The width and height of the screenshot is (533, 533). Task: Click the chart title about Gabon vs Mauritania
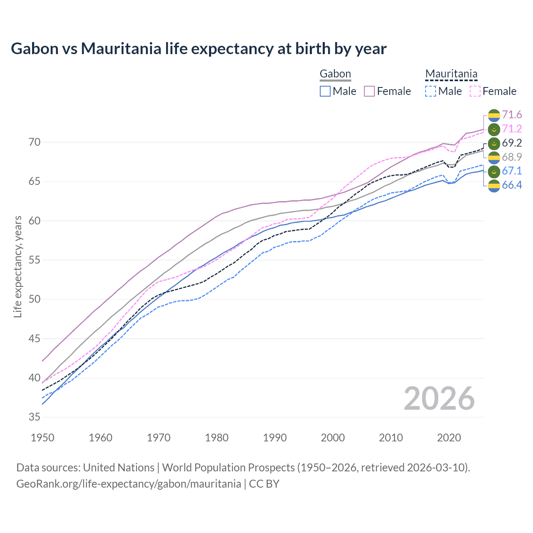point(199,49)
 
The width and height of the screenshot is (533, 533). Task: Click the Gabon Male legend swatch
point(325,91)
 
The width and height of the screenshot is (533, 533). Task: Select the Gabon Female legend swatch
point(369,91)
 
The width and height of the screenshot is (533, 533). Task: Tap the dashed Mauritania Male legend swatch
point(431,91)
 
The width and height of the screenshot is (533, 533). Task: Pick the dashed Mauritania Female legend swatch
point(475,91)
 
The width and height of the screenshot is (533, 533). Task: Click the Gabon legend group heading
point(335,74)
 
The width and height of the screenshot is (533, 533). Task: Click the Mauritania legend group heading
point(451,74)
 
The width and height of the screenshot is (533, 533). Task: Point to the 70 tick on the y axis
point(35,142)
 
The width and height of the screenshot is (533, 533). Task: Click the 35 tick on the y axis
point(35,417)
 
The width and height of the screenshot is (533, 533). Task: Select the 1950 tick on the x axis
point(42,438)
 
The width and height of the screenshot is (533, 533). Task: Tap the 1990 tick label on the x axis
point(275,438)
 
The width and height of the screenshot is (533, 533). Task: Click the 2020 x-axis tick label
point(449,438)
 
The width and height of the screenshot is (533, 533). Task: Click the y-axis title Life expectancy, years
point(18,266)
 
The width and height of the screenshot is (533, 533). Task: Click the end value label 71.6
point(512,115)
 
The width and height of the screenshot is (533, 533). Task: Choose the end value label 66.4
point(512,185)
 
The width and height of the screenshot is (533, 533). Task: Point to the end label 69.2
point(512,143)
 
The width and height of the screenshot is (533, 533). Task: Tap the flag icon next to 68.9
point(494,157)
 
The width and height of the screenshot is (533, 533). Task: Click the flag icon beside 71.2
point(494,129)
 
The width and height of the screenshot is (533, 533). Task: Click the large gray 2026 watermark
point(439,399)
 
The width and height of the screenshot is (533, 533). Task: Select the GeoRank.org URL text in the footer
point(129,484)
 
